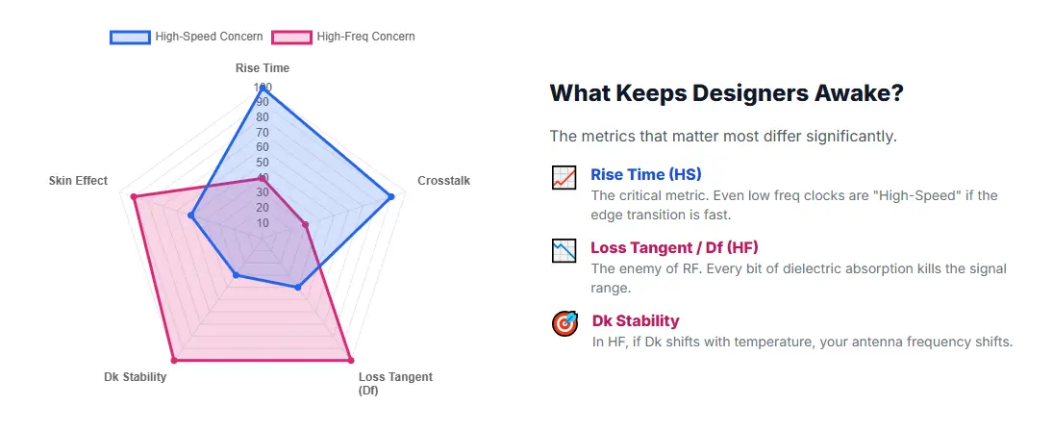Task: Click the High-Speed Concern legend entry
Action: click(188, 37)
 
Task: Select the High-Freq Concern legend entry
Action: click(344, 37)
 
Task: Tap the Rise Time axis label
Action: click(263, 68)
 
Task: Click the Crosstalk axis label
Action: click(443, 180)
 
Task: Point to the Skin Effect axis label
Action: click(78, 180)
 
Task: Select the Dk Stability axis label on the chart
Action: click(135, 376)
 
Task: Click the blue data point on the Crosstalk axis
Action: click(391, 197)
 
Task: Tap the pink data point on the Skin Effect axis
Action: click(134, 197)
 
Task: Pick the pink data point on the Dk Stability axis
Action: click(173, 361)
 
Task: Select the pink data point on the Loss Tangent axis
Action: click(350, 361)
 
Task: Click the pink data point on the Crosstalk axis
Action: click(306, 225)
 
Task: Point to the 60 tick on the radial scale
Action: click(262, 147)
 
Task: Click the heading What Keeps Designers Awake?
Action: click(726, 93)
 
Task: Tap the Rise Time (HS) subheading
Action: click(645, 174)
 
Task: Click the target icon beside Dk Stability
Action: click(564, 323)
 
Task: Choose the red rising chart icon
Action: click(564, 177)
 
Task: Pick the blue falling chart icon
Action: click(564, 250)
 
